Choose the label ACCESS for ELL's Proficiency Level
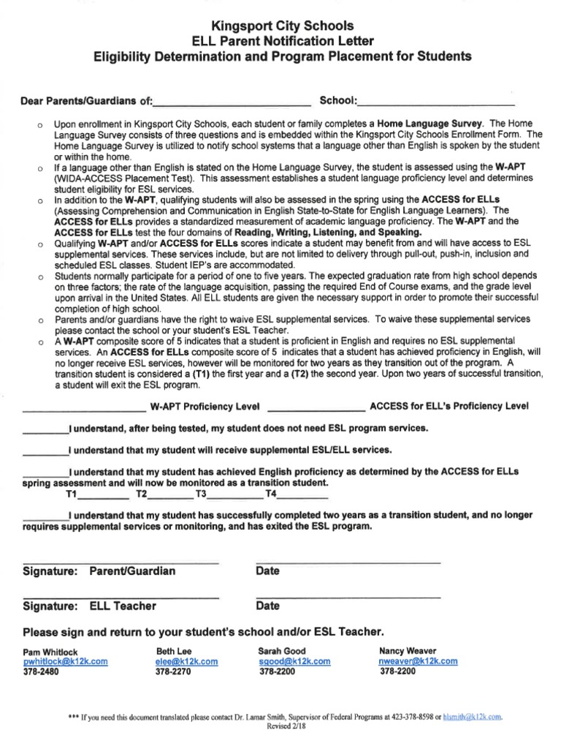pyautogui.click(x=449, y=406)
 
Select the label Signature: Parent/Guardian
pyautogui.click(x=99, y=571)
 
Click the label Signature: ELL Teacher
pyautogui.click(x=90, y=606)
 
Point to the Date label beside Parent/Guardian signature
pyautogui.click(x=268, y=571)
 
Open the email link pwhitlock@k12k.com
pyautogui.click(x=66, y=661)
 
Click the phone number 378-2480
pyautogui.click(x=41, y=671)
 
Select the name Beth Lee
pyautogui.click(x=174, y=650)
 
